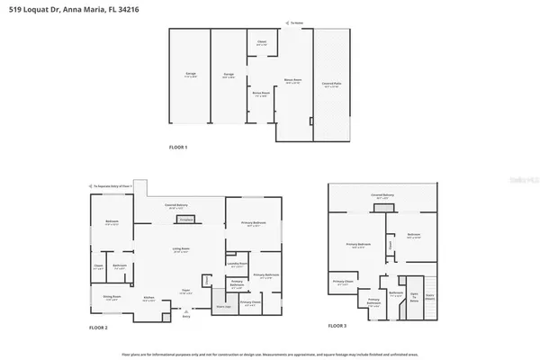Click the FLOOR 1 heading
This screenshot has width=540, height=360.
click(178, 147)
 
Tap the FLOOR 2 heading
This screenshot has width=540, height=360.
click(99, 327)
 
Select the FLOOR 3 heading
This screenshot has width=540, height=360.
click(337, 325)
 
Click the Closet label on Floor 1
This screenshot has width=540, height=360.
click(262, 42)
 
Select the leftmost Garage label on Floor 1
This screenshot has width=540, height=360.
click(191, 73)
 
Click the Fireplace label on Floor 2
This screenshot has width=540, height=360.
click(186, 219)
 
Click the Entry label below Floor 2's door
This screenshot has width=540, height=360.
click(187, 317)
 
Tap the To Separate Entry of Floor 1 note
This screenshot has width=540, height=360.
click(113, 186)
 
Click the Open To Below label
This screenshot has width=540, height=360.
click(414, 296)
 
